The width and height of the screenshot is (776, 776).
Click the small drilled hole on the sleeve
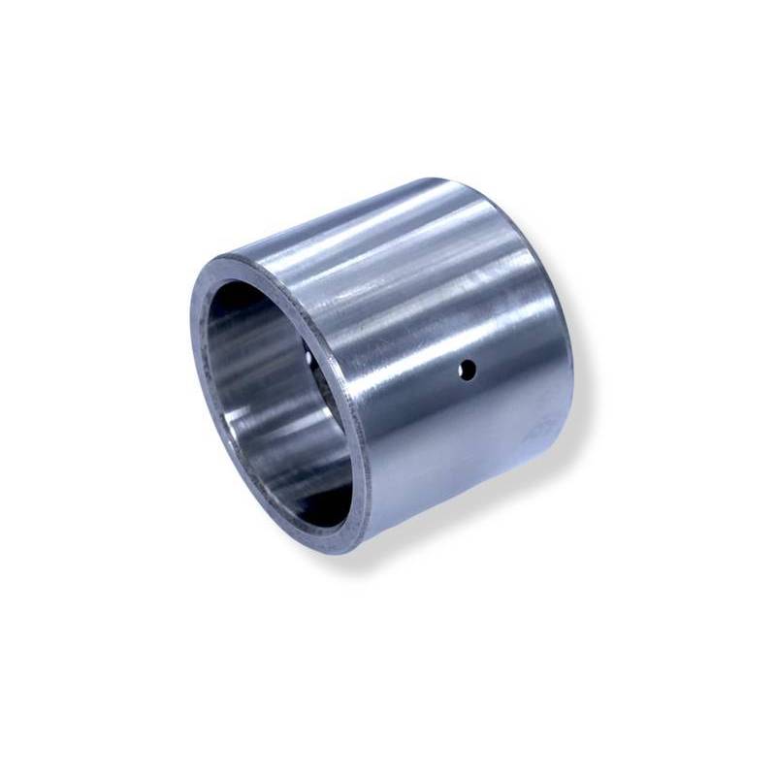click(x=468, y=369)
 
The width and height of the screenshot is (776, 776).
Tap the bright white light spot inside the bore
click(x=309, y=360)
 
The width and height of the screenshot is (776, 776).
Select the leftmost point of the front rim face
click(x=190, y=320)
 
